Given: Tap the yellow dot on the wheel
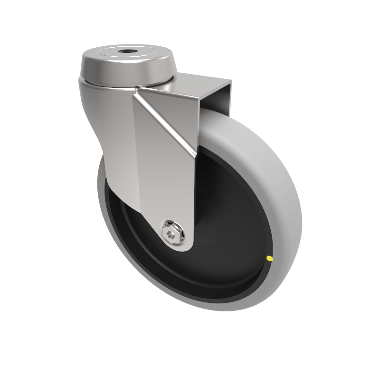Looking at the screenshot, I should pos(270,258).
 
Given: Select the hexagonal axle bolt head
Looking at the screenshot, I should pos(172,232).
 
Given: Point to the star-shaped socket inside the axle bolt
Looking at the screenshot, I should pos(172,233).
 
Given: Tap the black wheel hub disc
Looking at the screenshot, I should pos(227,227).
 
